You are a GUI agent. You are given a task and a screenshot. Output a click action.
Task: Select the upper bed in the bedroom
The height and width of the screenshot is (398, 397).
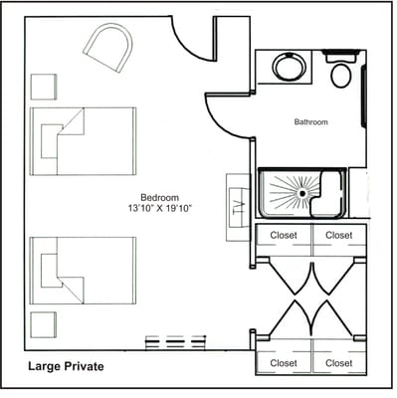[84, 140]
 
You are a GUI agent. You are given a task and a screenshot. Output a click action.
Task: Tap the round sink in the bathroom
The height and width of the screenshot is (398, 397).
[290, 70]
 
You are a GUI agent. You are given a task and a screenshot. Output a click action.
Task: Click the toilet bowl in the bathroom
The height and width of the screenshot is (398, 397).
[341, 74]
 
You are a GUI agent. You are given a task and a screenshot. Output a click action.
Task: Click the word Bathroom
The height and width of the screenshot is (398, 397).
[310, 122]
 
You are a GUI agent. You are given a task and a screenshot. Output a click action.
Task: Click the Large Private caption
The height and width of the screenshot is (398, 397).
[66, 366]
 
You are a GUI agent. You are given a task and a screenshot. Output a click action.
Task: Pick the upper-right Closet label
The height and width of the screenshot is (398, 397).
[339, 236]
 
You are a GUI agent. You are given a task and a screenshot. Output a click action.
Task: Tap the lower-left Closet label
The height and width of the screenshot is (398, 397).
[285, 363]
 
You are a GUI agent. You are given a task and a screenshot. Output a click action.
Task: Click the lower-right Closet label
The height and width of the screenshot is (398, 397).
[339, 363]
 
